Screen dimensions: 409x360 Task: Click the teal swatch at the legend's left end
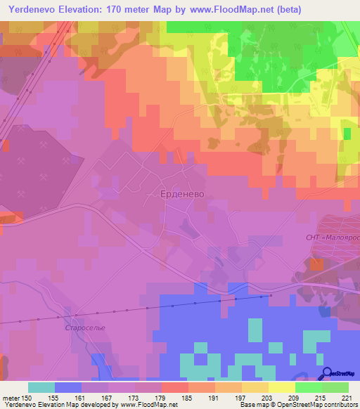(x=41, y=387)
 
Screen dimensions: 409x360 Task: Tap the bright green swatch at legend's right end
(x=335, y=387)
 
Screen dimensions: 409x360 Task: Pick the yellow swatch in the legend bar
(x=282, y=387)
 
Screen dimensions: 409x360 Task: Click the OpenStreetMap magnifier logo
(x=327, y=373)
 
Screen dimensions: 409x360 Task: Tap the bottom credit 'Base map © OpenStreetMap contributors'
(x=298, y=405)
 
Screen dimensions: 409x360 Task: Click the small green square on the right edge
(x=346, y=133)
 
